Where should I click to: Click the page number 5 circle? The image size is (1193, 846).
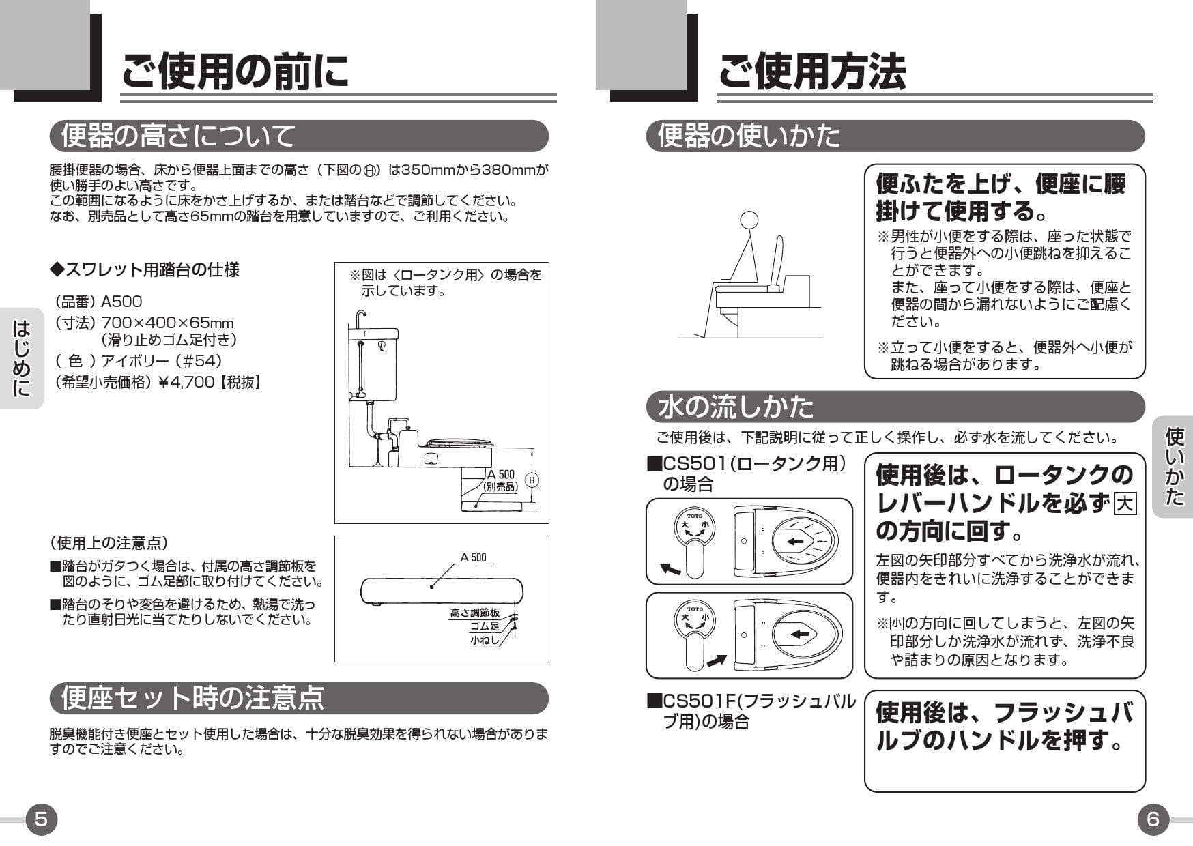(x=41, y=819)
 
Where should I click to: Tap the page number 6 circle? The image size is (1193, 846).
(x=1153, y=819)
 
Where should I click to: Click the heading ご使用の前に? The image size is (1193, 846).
(x=235, y=71)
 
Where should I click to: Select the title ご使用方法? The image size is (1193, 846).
(x=811, y=71)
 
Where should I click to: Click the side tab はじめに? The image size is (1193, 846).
(x=22, y=358)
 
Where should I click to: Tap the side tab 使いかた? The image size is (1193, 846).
(x=1174, y=467)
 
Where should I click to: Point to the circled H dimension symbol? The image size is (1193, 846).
(x=532, y=480)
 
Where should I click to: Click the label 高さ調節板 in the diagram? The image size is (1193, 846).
(x=474, y=613)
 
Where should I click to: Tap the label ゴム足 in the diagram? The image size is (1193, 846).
(x=485, y=626)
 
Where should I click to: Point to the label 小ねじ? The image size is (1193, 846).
(x=484, y=640)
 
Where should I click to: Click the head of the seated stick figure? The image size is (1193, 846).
(x=749, y=220)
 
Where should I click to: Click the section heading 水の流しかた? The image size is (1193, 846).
(x=736, y=407)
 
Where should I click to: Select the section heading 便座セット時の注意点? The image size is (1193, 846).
(x=192, y=698)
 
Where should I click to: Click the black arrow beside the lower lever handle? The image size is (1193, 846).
(x=716, y=660)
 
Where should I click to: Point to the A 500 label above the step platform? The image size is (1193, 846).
(x=473, y=557)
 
